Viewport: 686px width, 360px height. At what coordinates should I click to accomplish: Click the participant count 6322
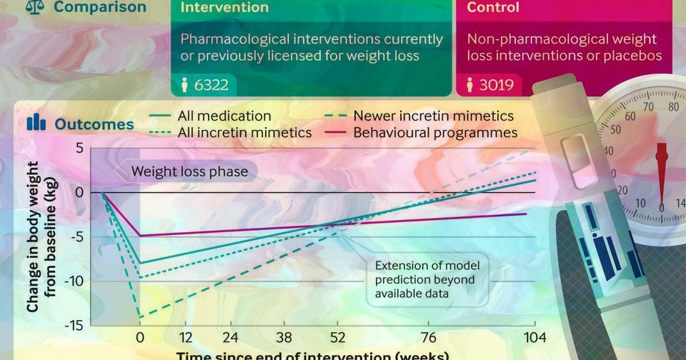(x=211, y=86)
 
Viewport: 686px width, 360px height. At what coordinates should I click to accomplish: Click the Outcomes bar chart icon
(x=36, y=123)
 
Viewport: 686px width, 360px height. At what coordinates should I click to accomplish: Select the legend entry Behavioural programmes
(x=435, y=133)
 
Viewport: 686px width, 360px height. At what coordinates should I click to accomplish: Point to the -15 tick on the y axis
(x=74, y=325)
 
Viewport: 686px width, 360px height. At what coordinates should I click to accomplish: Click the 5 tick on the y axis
(x=79, y=149)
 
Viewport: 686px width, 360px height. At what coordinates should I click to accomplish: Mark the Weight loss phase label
(x=189, y=171)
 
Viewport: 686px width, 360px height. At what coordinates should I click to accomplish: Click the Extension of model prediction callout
(x=427, y=279)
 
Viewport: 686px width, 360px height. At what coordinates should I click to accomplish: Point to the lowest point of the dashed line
(x=140, y=317)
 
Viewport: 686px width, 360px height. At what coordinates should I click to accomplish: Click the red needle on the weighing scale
(x=661, y=171)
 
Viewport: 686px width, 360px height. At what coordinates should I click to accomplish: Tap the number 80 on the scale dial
(x=672, y=107)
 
